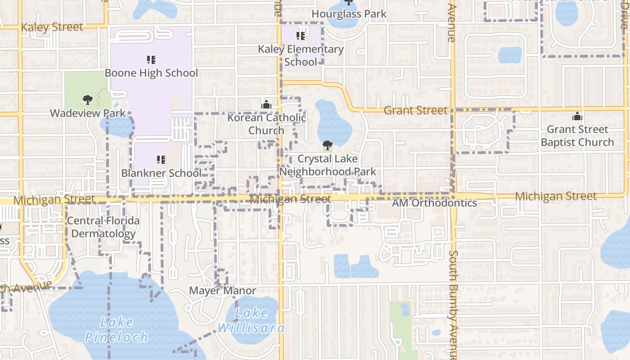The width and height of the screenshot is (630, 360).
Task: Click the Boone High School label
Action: tap(151, 73)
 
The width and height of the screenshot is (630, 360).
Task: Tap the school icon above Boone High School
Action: tap(151, 59)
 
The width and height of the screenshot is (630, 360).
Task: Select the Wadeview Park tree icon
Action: tap(88, 100)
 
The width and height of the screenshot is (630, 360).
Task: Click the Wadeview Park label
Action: tap(88, 113)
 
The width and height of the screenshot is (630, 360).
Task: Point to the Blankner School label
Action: tap(161, 173)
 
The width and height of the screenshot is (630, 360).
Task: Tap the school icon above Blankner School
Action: tap(161, 160)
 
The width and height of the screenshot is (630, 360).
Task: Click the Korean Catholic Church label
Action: tap(266, 124)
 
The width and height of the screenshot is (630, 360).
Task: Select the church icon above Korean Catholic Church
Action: tap(266, 104)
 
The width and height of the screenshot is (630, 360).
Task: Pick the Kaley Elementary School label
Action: tap(301, 55)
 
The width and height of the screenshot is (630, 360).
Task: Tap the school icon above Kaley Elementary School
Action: tap(301, 36)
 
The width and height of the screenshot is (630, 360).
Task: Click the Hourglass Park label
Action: tap(349, 14)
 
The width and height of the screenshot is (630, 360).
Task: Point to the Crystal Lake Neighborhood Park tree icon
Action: tap(328, 145)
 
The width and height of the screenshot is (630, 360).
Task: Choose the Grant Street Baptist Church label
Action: tap(577, 136)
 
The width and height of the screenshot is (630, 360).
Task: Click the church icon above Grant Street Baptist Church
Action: tap(577, 117)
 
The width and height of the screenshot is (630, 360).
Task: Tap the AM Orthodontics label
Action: tap(434, 203)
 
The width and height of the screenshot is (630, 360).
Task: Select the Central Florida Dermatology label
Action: tap(103, 227)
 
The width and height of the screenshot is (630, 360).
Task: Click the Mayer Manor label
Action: tap(222, 291)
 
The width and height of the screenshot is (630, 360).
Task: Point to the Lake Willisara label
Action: tap(251, 320)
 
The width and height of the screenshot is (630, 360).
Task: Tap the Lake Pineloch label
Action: tap(116, 329)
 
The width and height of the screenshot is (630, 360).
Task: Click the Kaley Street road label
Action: tap(52, 27)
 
